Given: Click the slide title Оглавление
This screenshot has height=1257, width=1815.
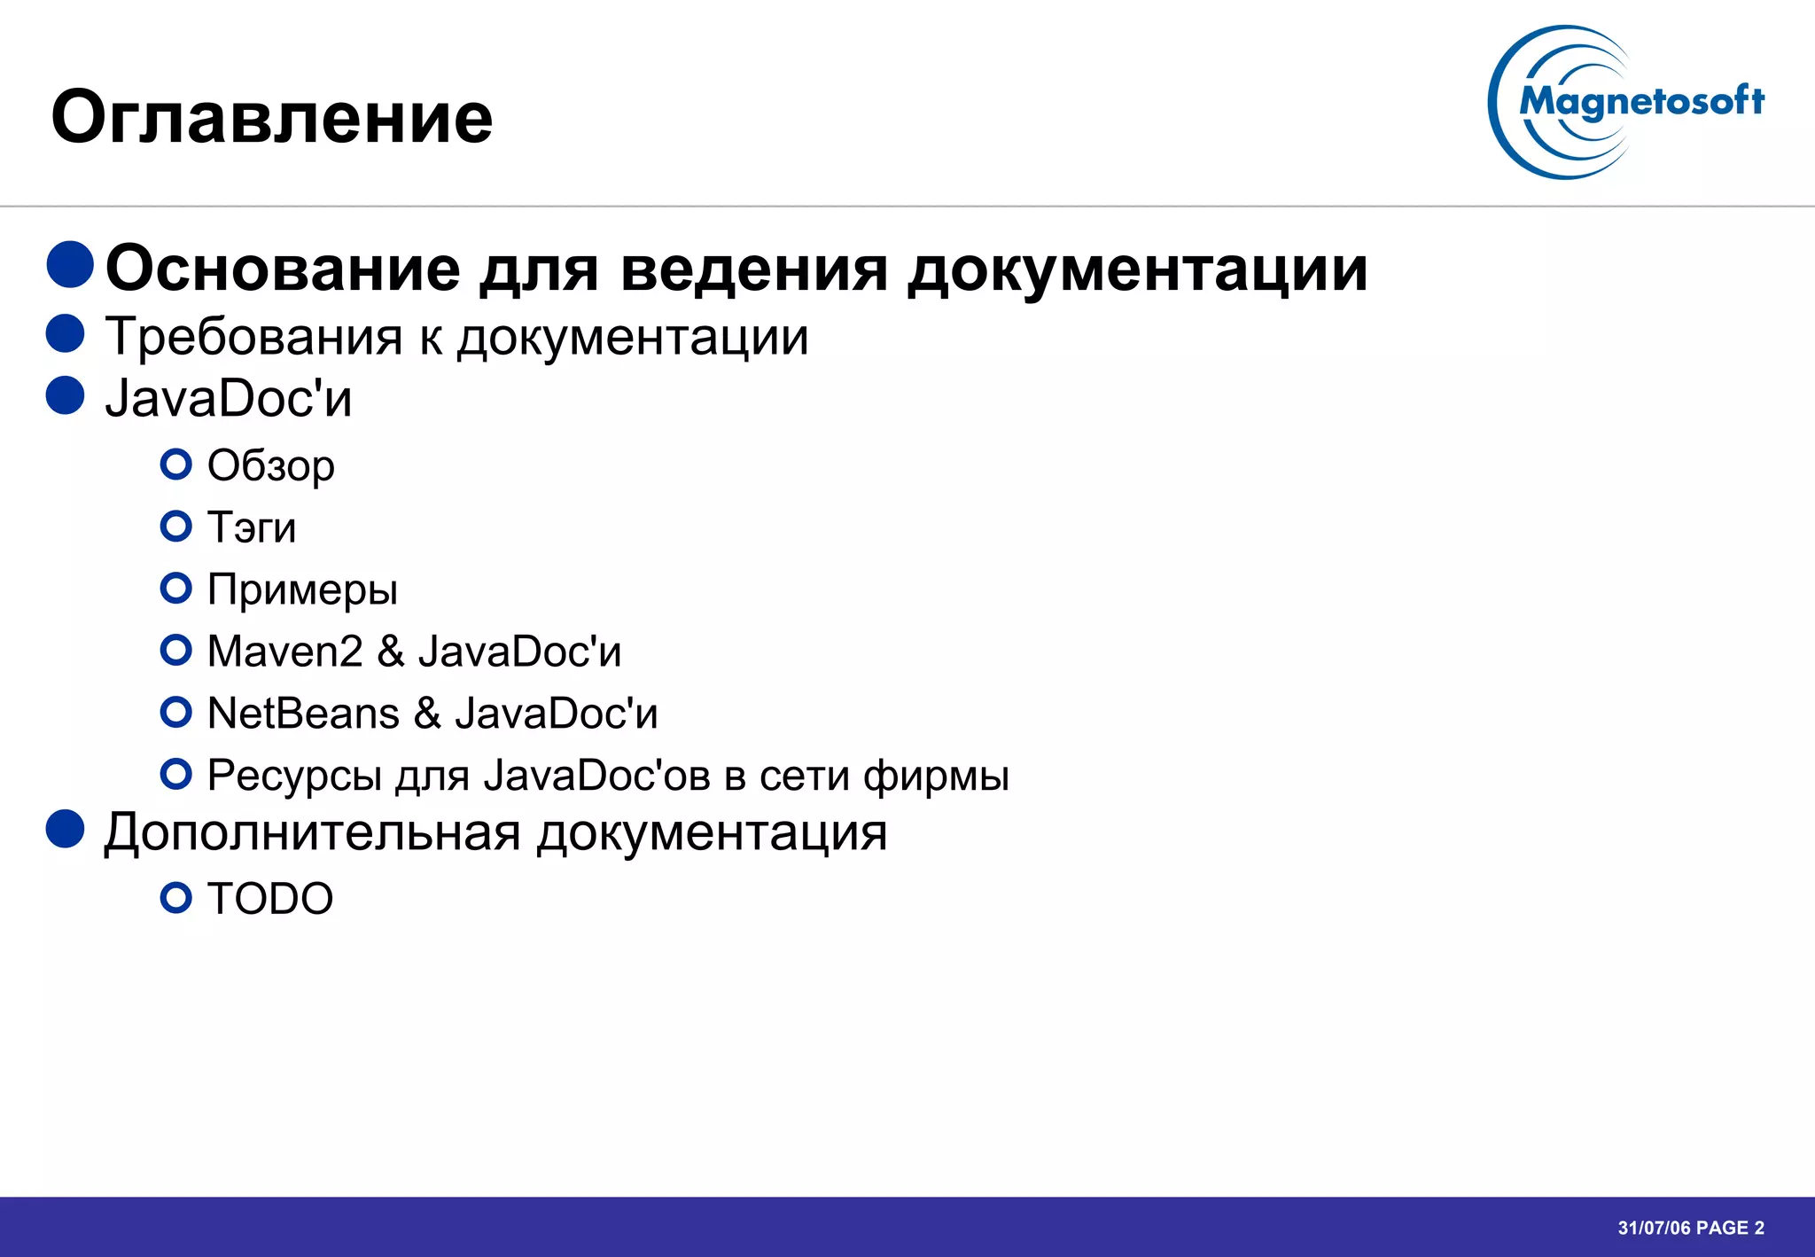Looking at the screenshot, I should pyautogui.click(x=272, y=117).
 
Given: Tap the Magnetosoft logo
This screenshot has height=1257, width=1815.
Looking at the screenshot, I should pyautogui.click(x=1626, y=103).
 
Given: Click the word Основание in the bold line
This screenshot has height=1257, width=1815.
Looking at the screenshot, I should pyautogui.click(x=283, y=268).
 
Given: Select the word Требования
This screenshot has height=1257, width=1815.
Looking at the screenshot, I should pyautogui.click(x=253, y=337).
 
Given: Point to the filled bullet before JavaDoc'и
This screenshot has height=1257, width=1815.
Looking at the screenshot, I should pyautogui.click(x=66, y=395).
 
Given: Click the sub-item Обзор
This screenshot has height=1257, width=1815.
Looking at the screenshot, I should pyautogui.click(x=270, y=465).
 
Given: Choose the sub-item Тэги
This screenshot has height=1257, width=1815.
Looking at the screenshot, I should pyautogui.click(x=252, y=527).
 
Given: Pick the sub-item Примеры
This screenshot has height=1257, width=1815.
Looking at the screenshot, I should pyautogui.click(x=302, y=589).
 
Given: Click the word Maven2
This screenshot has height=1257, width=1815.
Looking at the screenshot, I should pyautogui.click(x=284, y=652).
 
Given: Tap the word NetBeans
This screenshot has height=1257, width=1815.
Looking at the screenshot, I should pyautogui.click(x=303, y=714).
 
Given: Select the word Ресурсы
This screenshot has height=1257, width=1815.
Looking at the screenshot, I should pyautogui.click(x=294, y=776).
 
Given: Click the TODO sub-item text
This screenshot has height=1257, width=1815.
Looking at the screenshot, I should pyautogui.click(x=270, y=899).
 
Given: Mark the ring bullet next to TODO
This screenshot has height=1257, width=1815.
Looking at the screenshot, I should pyautogui.click(x=176, y=898).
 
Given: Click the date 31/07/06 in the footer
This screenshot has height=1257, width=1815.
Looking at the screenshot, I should pyautogui.click(x=1654, y=1228).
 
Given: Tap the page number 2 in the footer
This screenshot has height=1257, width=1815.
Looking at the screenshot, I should pyautogui.click(x=1759, y=1228).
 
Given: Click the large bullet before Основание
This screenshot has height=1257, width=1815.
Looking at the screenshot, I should pyautogui.click(x=71, y=264).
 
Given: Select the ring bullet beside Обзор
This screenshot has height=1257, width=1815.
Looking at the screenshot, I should pyautogui.click(x=176, y=465).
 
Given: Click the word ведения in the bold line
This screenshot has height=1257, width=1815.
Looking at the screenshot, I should pyautogui.click(x=753, y=268).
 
